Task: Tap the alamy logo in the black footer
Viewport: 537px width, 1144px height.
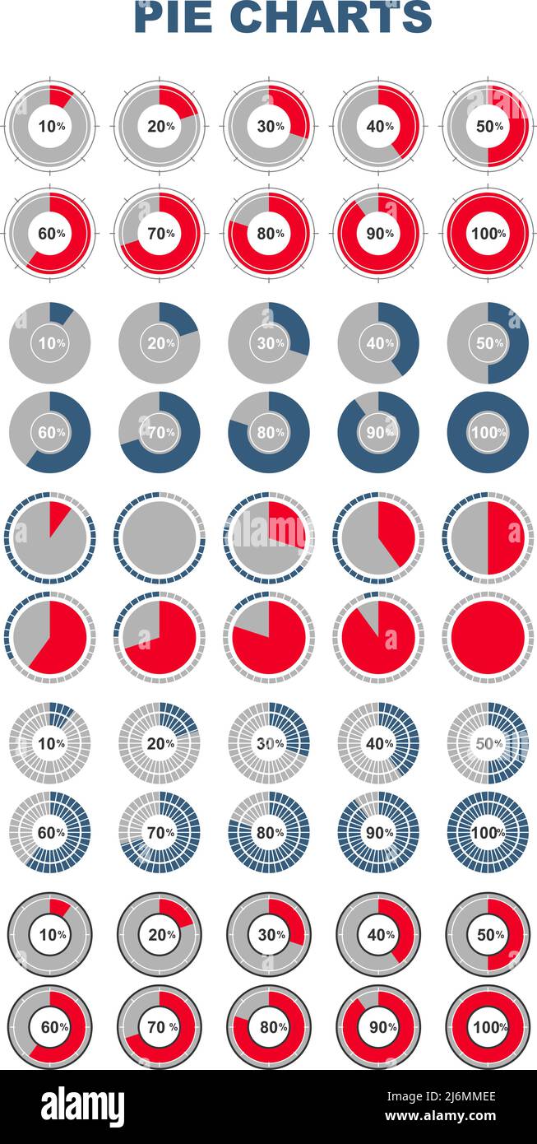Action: (x=82, y=1107)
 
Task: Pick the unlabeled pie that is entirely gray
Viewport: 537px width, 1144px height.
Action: (x=160, y=538)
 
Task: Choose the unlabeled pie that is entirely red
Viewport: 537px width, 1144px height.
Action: (x=488, y=637)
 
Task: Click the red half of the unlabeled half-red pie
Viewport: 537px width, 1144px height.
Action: (x=506, y=538)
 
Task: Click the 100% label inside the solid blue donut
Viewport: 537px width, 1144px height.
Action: (x=488, y=432)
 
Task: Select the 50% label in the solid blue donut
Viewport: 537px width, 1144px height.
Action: (x=488, y=343)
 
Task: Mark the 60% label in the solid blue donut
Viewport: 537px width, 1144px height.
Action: (x=50, y=432)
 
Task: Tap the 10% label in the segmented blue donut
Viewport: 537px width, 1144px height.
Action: (x=50, y=743)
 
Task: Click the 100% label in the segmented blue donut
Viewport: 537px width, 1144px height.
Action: (x=488, y=832)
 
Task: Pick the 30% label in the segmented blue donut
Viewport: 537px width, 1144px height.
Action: (x=269, y=743)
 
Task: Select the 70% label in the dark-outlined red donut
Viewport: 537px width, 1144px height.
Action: (x=160, y=1027)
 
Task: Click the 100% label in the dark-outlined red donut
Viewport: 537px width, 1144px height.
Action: (x=488, y=1027)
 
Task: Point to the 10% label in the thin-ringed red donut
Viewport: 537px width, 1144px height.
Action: (x=50, y=126)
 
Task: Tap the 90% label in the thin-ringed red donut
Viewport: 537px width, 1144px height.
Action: (x=378, y=233)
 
